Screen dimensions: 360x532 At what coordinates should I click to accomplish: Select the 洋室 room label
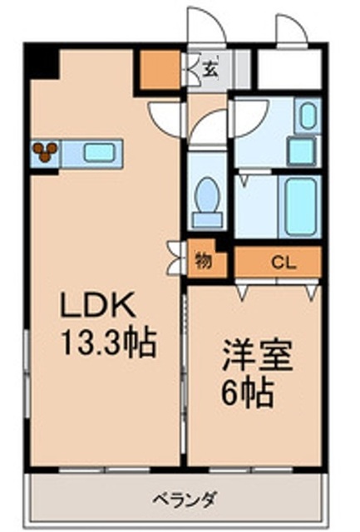coord(257,357)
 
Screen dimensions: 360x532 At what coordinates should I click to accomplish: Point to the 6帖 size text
coord(248,393)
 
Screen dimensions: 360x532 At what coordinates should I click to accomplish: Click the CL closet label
coord(284,263)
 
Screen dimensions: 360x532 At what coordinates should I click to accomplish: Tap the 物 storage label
coord(203,260)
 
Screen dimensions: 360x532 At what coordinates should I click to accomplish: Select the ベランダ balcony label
coord(184,499)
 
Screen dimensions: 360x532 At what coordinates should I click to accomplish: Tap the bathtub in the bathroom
coord(300,207)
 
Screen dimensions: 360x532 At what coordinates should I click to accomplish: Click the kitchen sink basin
coord(98,152)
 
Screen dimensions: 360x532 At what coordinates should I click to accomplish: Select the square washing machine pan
coord(301,151)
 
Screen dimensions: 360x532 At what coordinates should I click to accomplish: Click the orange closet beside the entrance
coord(160,70)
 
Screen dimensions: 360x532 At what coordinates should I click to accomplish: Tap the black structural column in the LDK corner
coord(42,63)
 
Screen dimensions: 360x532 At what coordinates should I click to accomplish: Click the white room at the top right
coord(289,69)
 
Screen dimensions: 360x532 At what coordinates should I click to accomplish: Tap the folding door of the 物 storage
coord(175,258)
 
